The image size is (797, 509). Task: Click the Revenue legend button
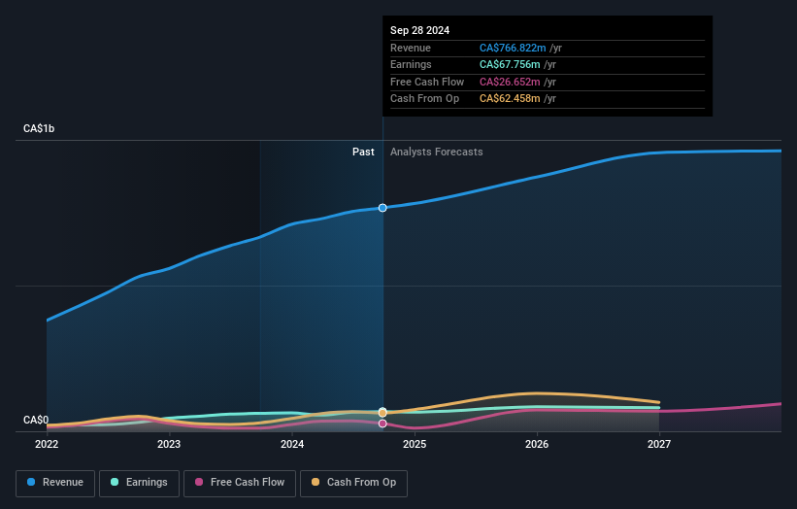pyautogui.click(x=54, y=483)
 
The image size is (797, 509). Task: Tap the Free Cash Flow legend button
pyautogui.click(x=240, y=483)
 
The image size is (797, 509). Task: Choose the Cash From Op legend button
pyautogui.click(x=355, y=483)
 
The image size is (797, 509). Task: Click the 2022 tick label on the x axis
pyautogui.click(x=47, y=445)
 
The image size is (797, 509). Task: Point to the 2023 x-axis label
pyautogui.click(x=169, y=445)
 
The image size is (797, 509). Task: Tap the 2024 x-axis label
pyautogui.click(x=292, y=445)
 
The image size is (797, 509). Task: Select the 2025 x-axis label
pyautogui.click(x=415, y=445)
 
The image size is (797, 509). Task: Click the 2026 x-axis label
pyautogui.click(x=537, y=445)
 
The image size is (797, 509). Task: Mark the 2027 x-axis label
pyautogui.click(x=659, y=445)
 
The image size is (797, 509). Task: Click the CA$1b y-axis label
pyautogui.click(x=39, y=128)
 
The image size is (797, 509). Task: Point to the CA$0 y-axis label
pyautogui.click(x=36, y=420)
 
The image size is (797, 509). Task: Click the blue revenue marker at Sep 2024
pyautogui.click(x=382, y=208)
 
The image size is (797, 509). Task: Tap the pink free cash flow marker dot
pyautogui.click(x=382, y=424)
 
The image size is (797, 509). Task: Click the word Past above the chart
pyautogui.click(x=363, y=152)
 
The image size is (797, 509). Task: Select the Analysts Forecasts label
pyautogui.click(x=436, y=152)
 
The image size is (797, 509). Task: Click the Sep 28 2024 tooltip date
pyautogui.click(x=419, y=30)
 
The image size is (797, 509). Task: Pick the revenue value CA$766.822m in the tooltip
pyautogui.click(x=512, y=48)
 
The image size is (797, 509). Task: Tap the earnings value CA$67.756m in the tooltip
pyautogui.click(x=509, y=65)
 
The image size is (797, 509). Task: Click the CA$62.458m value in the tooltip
pyautogui.click(x=509, y=99)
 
